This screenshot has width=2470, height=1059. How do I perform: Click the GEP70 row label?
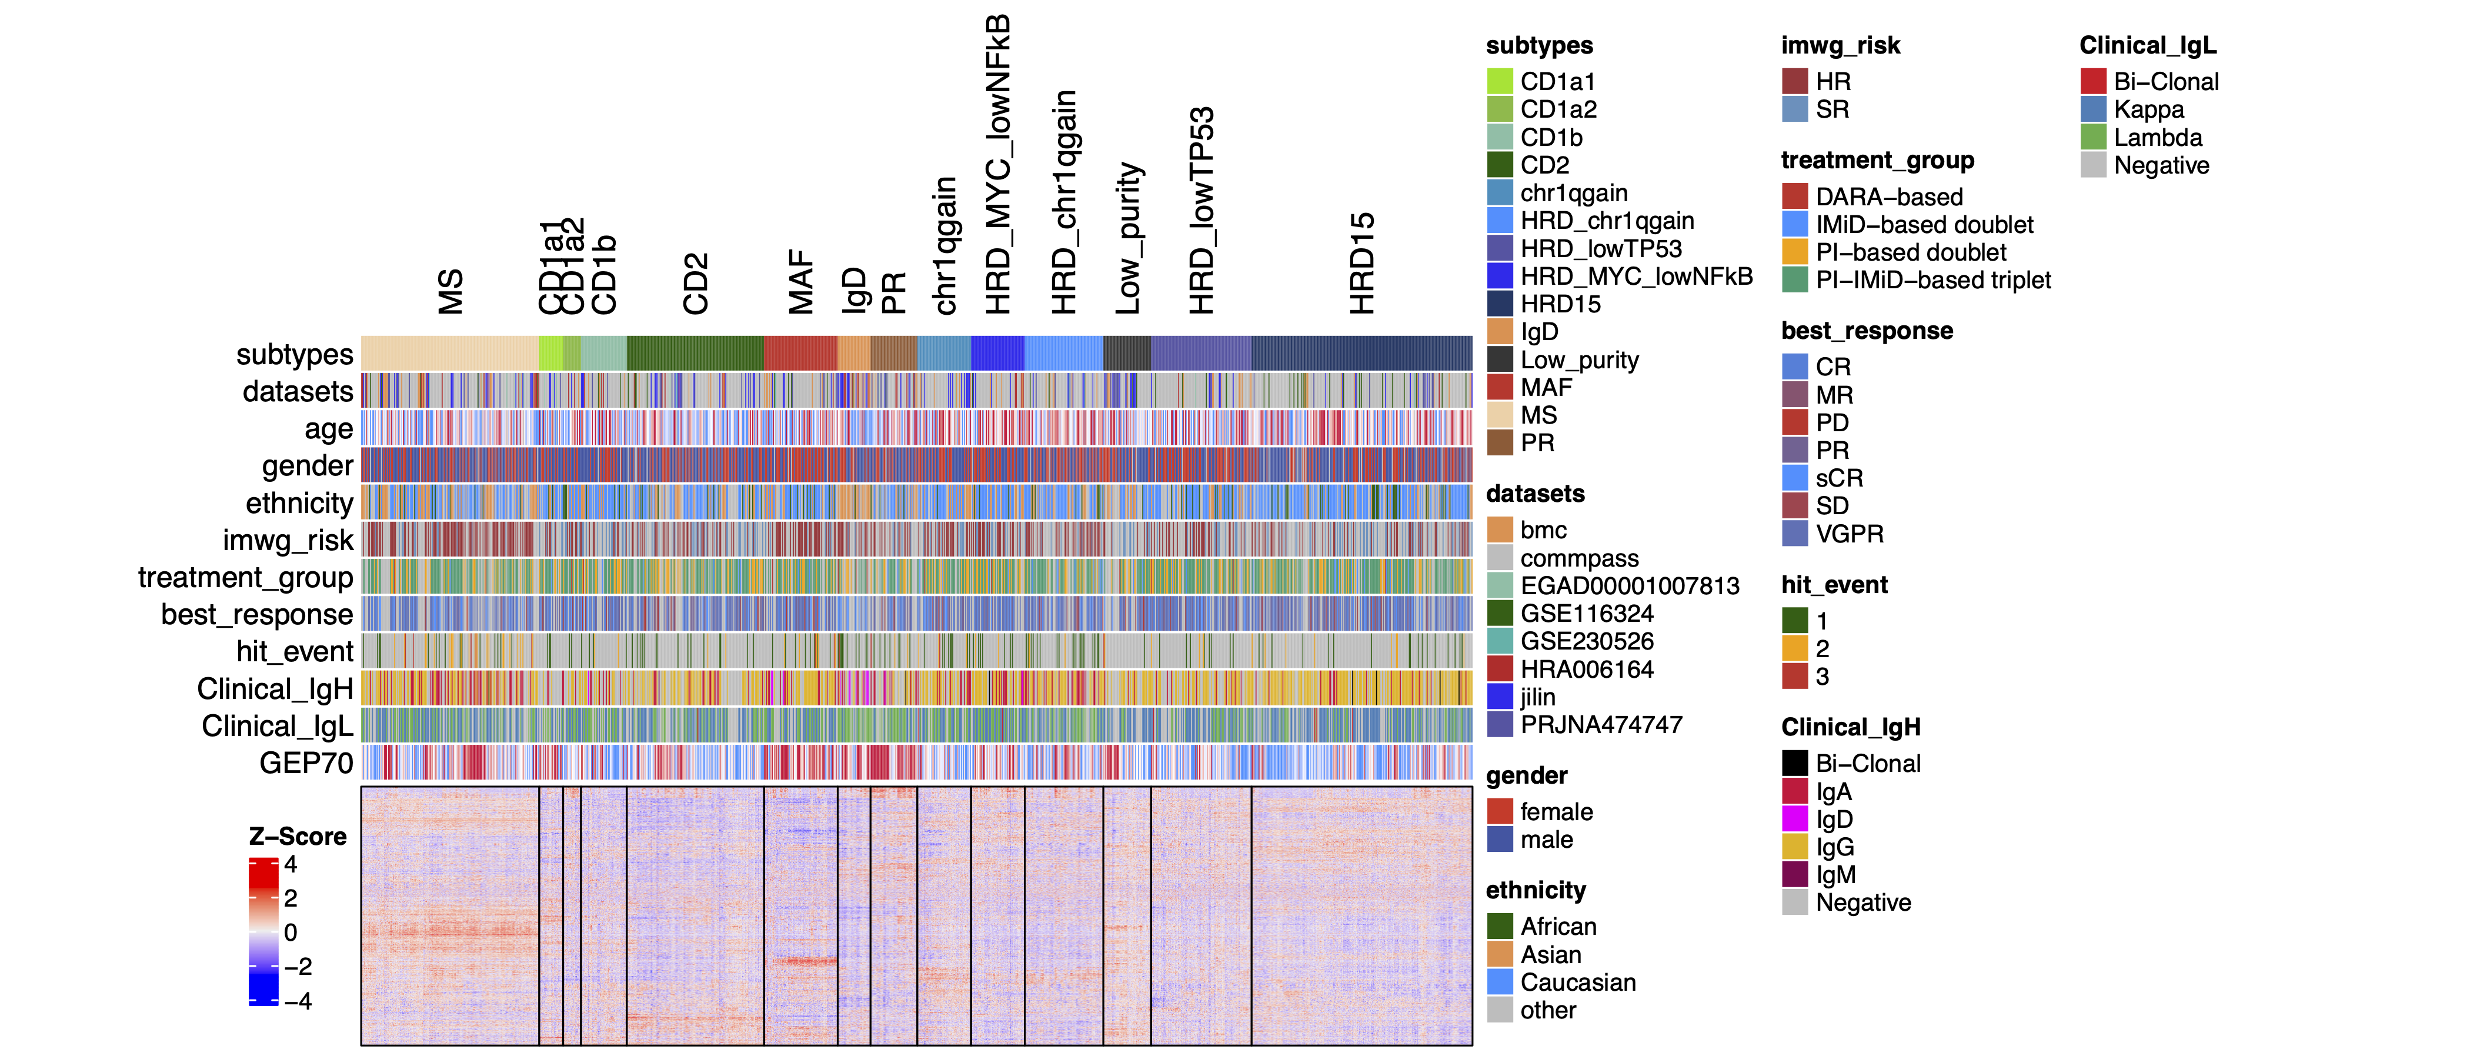(x=306, y=764)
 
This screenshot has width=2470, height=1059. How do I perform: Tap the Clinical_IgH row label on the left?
(x=275, y=689)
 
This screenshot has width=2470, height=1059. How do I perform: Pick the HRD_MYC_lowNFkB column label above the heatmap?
(x=998, y=164)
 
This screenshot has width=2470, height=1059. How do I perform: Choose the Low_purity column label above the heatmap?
(x=1129, y=238)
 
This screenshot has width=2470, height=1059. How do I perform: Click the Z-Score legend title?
(x=297, y=837)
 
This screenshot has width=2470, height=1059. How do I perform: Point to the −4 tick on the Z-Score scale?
(x=298, y=1001)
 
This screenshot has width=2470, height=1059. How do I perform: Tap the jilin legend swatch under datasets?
(x=1500, y=697)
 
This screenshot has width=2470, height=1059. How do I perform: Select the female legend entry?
(x=1556, y=811)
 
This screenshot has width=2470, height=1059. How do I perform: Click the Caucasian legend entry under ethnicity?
(x=1577, y=983)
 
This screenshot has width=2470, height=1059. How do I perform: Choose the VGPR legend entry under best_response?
(x=1848, y=534)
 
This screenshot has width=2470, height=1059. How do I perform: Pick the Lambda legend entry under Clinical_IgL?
(x=2157, y=137)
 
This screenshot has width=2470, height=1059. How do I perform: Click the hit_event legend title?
(x=1833, y=585)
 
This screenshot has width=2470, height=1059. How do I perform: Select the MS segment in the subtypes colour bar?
(x=450, y=353)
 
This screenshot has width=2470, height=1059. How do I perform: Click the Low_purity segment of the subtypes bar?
(x=1127, y=353)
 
